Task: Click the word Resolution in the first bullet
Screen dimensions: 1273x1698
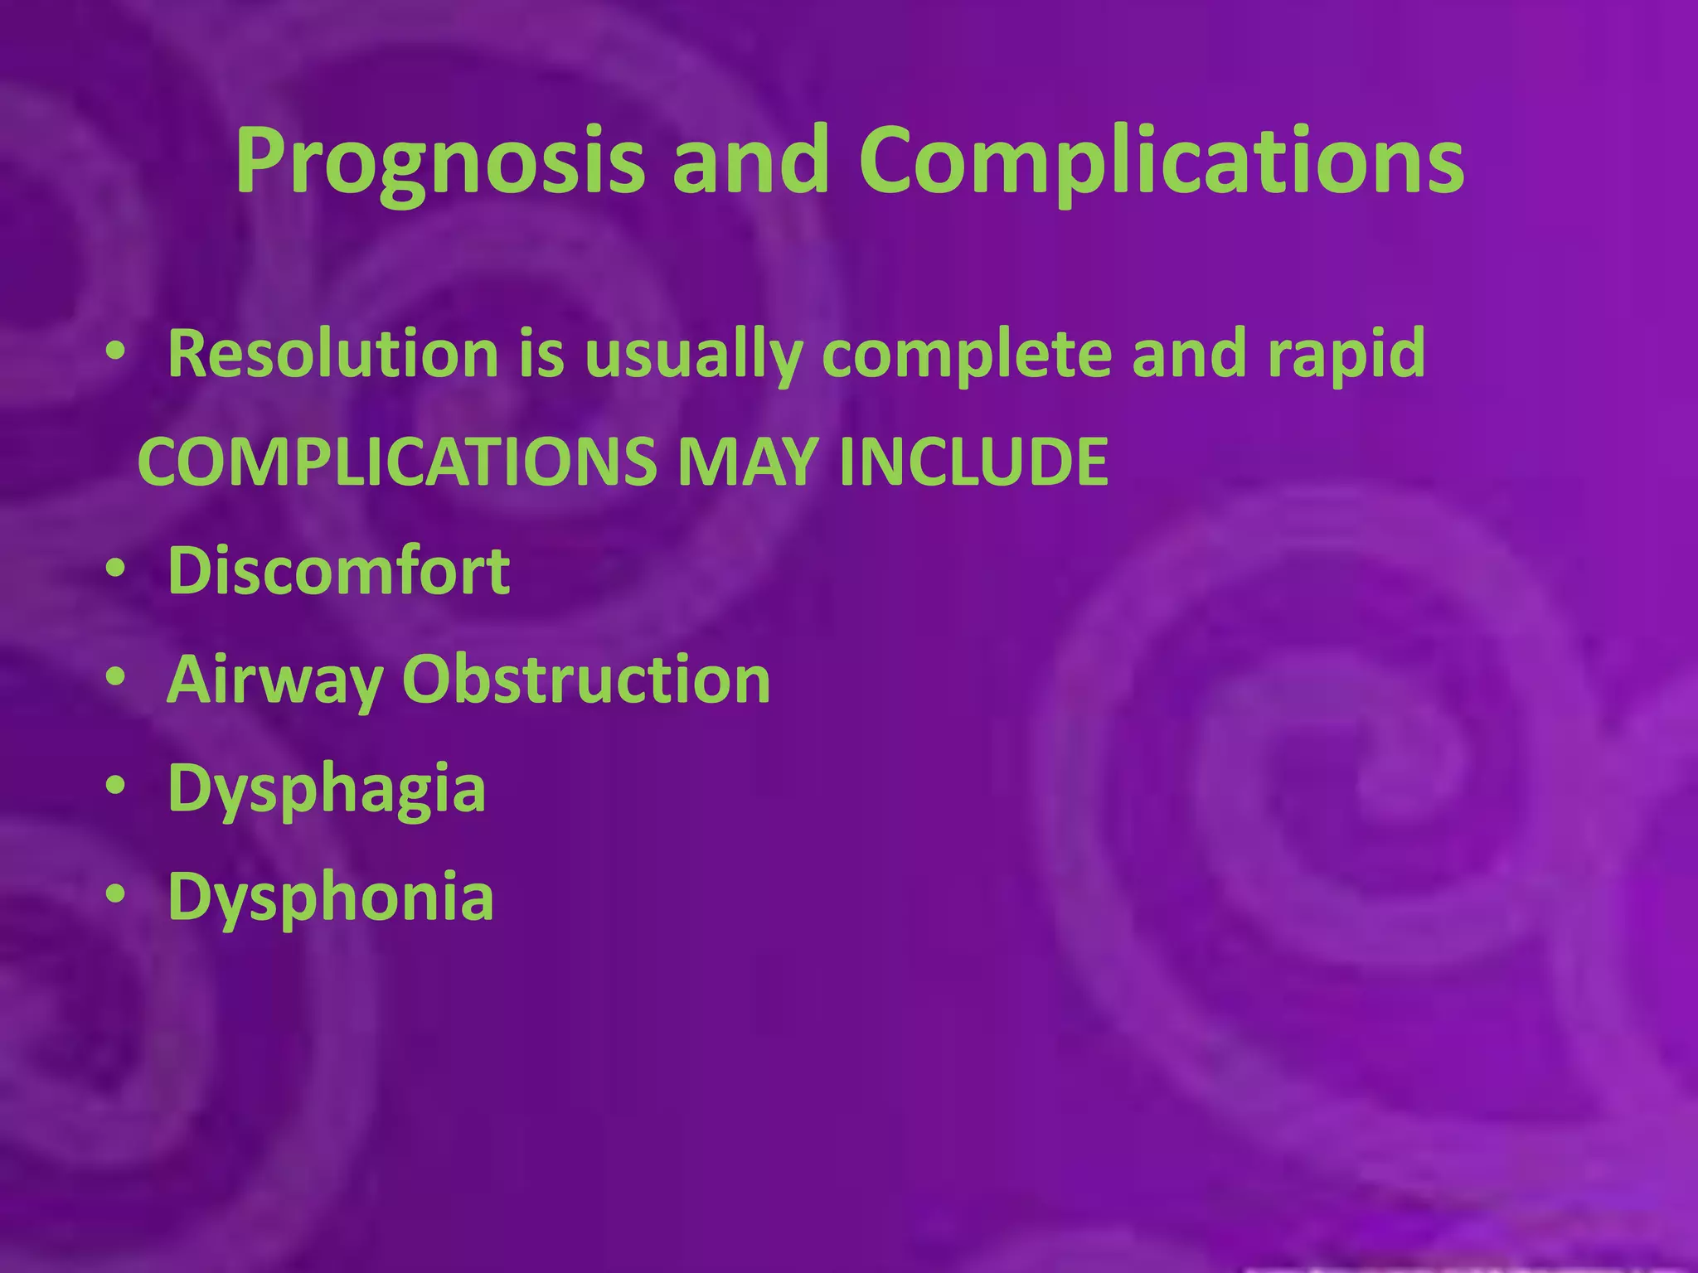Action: point(332,354)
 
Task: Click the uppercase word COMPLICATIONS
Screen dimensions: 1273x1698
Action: point(397,462)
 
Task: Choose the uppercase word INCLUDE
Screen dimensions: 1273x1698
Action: point(973,462)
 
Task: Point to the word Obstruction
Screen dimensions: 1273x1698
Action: point(586,680)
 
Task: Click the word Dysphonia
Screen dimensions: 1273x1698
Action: point(330,898)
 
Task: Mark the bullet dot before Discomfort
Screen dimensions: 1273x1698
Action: point(116,570)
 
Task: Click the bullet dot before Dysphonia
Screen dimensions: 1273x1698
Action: point(116,895)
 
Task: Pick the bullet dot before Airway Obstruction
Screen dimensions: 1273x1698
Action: point(116,678)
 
